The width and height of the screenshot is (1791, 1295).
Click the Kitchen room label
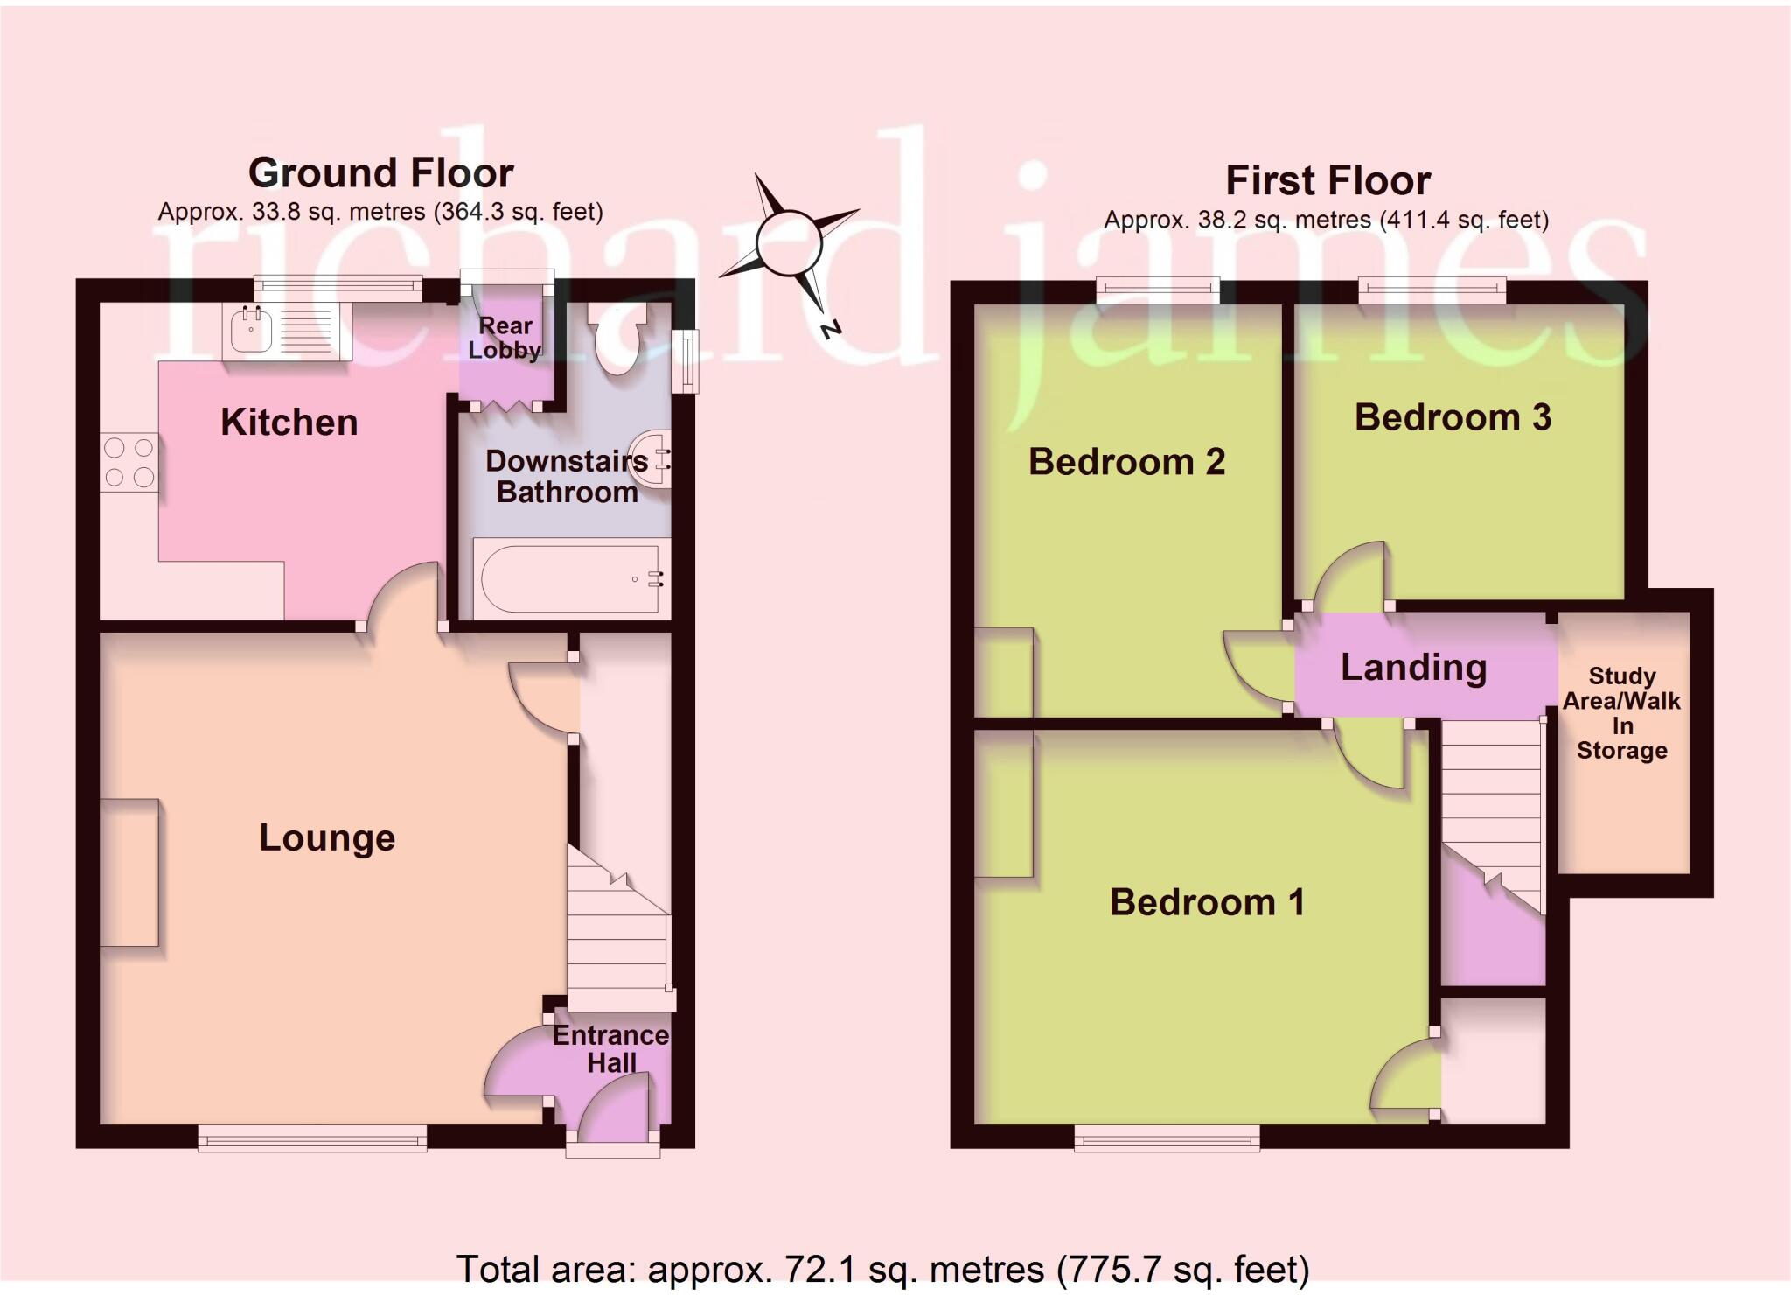tap(289, 423)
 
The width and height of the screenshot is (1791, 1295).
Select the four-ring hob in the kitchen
tap(129, 462)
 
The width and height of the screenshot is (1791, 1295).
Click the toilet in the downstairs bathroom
tap(617, 340)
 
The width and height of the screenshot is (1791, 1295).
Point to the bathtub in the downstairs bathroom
tap(569, 578)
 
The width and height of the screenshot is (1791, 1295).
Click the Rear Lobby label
tap(505, 338)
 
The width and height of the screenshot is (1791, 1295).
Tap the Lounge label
tap(327, 838)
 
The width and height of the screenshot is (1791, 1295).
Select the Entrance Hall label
tap(611, 1048)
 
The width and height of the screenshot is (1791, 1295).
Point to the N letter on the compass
tap(830, 330)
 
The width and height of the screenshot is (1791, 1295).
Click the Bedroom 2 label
tap(1126, 462)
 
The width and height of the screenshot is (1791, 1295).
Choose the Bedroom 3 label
tap(1453, 417)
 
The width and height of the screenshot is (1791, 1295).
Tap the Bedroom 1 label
tap(1207, 902)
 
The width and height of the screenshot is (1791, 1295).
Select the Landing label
tap(1413, 668)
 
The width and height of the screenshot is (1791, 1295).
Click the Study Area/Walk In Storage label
tap(1622, 713)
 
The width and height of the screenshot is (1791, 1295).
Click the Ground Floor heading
tap(380, 172)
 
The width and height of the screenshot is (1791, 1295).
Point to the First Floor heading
tap(1328, 181)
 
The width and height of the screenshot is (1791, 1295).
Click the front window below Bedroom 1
tap(1167, 1137)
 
